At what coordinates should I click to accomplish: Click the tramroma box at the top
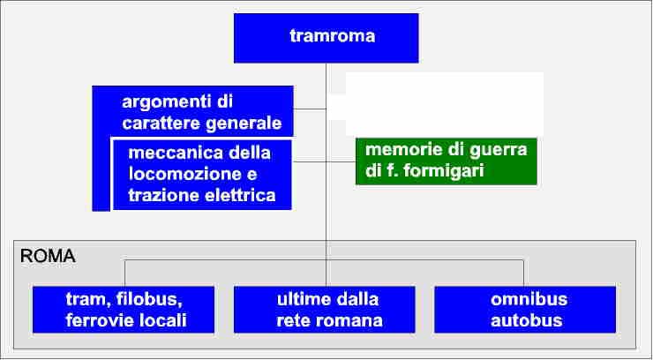(x=326, y=38)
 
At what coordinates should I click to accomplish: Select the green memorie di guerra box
(x=447, y=161)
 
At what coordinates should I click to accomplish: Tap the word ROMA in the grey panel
(x=48, y=256)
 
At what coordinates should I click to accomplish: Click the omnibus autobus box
(x=525, y=310)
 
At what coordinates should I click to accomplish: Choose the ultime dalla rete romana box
(x=325, y=310)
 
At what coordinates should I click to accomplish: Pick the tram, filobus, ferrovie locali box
(x=124, y=310)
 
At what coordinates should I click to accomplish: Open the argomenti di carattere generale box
(x=193, y=111)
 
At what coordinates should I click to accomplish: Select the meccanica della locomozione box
(x=202, y=175)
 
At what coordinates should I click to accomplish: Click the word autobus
(x=527, y=320)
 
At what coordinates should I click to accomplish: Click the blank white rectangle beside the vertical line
(x=445, y=103)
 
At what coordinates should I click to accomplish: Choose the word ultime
(x=301, y=299)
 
